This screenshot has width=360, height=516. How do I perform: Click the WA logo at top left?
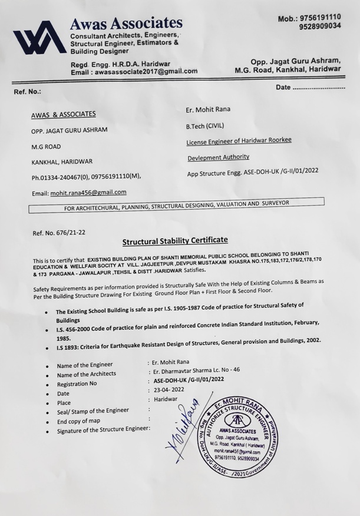37,39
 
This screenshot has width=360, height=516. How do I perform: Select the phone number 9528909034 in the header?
320,27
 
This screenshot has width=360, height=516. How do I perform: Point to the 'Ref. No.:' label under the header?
28,92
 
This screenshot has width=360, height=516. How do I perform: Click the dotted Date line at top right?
319,87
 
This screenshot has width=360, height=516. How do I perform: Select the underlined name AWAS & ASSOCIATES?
63,114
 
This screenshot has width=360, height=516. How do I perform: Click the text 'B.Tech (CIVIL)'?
205,125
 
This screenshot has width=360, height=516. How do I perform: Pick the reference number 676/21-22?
71,232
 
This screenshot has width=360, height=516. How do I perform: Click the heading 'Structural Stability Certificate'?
174,241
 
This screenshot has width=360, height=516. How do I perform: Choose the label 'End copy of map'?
82,422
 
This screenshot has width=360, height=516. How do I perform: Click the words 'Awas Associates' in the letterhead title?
126,23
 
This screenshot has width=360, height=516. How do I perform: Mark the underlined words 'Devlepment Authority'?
218,157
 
